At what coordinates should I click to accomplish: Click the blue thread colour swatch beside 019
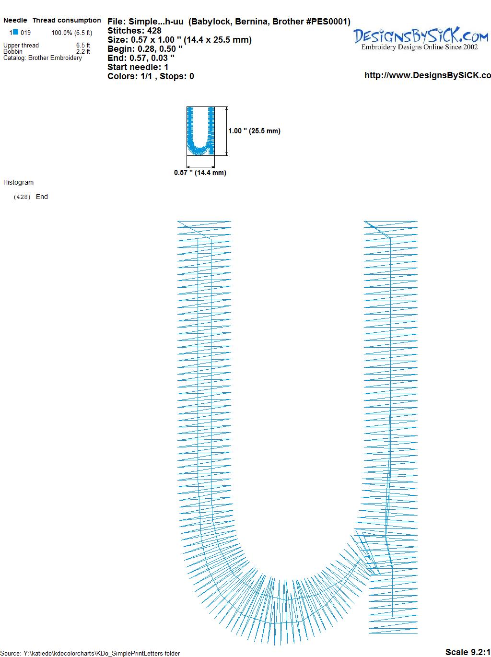(x=15, y=32)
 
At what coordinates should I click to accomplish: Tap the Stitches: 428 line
(x=134, y=31)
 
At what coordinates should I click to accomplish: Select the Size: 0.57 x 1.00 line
(x=179, y=40)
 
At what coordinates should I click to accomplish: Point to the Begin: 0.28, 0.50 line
(x=145, y=49)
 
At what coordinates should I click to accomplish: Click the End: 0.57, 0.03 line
(x=141, y=58)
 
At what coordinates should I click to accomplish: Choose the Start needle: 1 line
(x=138, y=67)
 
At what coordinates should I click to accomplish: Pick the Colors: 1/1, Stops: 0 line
(x=151, y=76)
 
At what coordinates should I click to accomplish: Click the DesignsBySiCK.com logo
(x=421, y=39)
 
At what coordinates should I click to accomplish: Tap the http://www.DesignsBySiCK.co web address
(x=428, y=75)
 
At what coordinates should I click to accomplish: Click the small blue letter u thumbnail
(x=201, y=131)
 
